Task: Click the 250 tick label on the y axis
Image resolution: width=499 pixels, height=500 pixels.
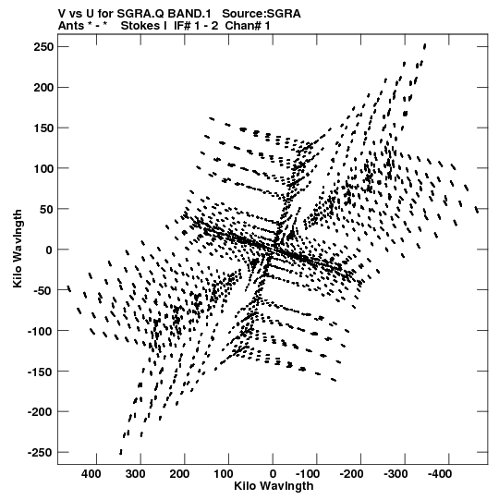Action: tap(43, 47)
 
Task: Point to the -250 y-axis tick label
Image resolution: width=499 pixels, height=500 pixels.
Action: tap(40, 453)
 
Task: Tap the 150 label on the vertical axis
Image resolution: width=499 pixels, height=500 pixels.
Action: tap(43, 128)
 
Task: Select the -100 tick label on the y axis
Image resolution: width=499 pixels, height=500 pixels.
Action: tap(40, 331)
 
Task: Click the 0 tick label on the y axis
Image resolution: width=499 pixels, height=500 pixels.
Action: tap(49, 250)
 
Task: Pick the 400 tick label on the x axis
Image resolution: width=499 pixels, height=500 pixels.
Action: tap(91, 474)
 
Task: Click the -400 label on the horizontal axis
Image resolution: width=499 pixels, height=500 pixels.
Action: tap(439, 474)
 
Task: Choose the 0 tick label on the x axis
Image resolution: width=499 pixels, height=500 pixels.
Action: tap(273, 474)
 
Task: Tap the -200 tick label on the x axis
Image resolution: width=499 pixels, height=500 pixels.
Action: tap(351, 474)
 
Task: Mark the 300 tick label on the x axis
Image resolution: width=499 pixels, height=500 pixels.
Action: tap(135, 474)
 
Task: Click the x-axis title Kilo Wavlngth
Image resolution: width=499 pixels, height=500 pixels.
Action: tap(274, 486)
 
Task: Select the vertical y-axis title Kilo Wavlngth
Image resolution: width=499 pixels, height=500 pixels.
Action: tap(18, 249)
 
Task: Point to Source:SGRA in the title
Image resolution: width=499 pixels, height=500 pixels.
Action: tap(262, 14)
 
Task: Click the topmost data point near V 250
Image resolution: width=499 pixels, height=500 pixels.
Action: tap(425, 46)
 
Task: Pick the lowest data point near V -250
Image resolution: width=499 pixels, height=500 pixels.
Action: tap(121, 452)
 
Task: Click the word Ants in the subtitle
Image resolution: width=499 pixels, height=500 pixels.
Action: tap(71, 26)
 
